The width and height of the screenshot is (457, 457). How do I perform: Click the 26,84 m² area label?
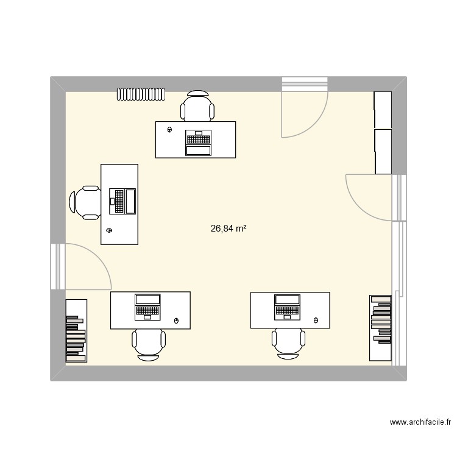(228, 228)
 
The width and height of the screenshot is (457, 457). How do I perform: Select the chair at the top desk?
(197, 106)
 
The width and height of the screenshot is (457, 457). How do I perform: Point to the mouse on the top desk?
(169, 130)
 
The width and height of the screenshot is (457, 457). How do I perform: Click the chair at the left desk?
(85, 202)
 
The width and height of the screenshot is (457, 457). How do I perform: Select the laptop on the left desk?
(122, 201)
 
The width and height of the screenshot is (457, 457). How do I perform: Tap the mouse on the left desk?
(110, 230)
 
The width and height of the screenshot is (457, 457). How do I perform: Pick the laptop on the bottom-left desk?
(147, 306)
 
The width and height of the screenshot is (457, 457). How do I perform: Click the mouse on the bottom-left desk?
(177, 321)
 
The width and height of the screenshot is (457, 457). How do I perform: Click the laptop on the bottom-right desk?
(287, 306)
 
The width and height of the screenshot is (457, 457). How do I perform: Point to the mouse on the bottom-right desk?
(316, 320)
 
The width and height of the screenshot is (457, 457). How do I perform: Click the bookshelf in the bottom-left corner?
(76, 331)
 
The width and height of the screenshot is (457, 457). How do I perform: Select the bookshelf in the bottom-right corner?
(380, 327)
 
